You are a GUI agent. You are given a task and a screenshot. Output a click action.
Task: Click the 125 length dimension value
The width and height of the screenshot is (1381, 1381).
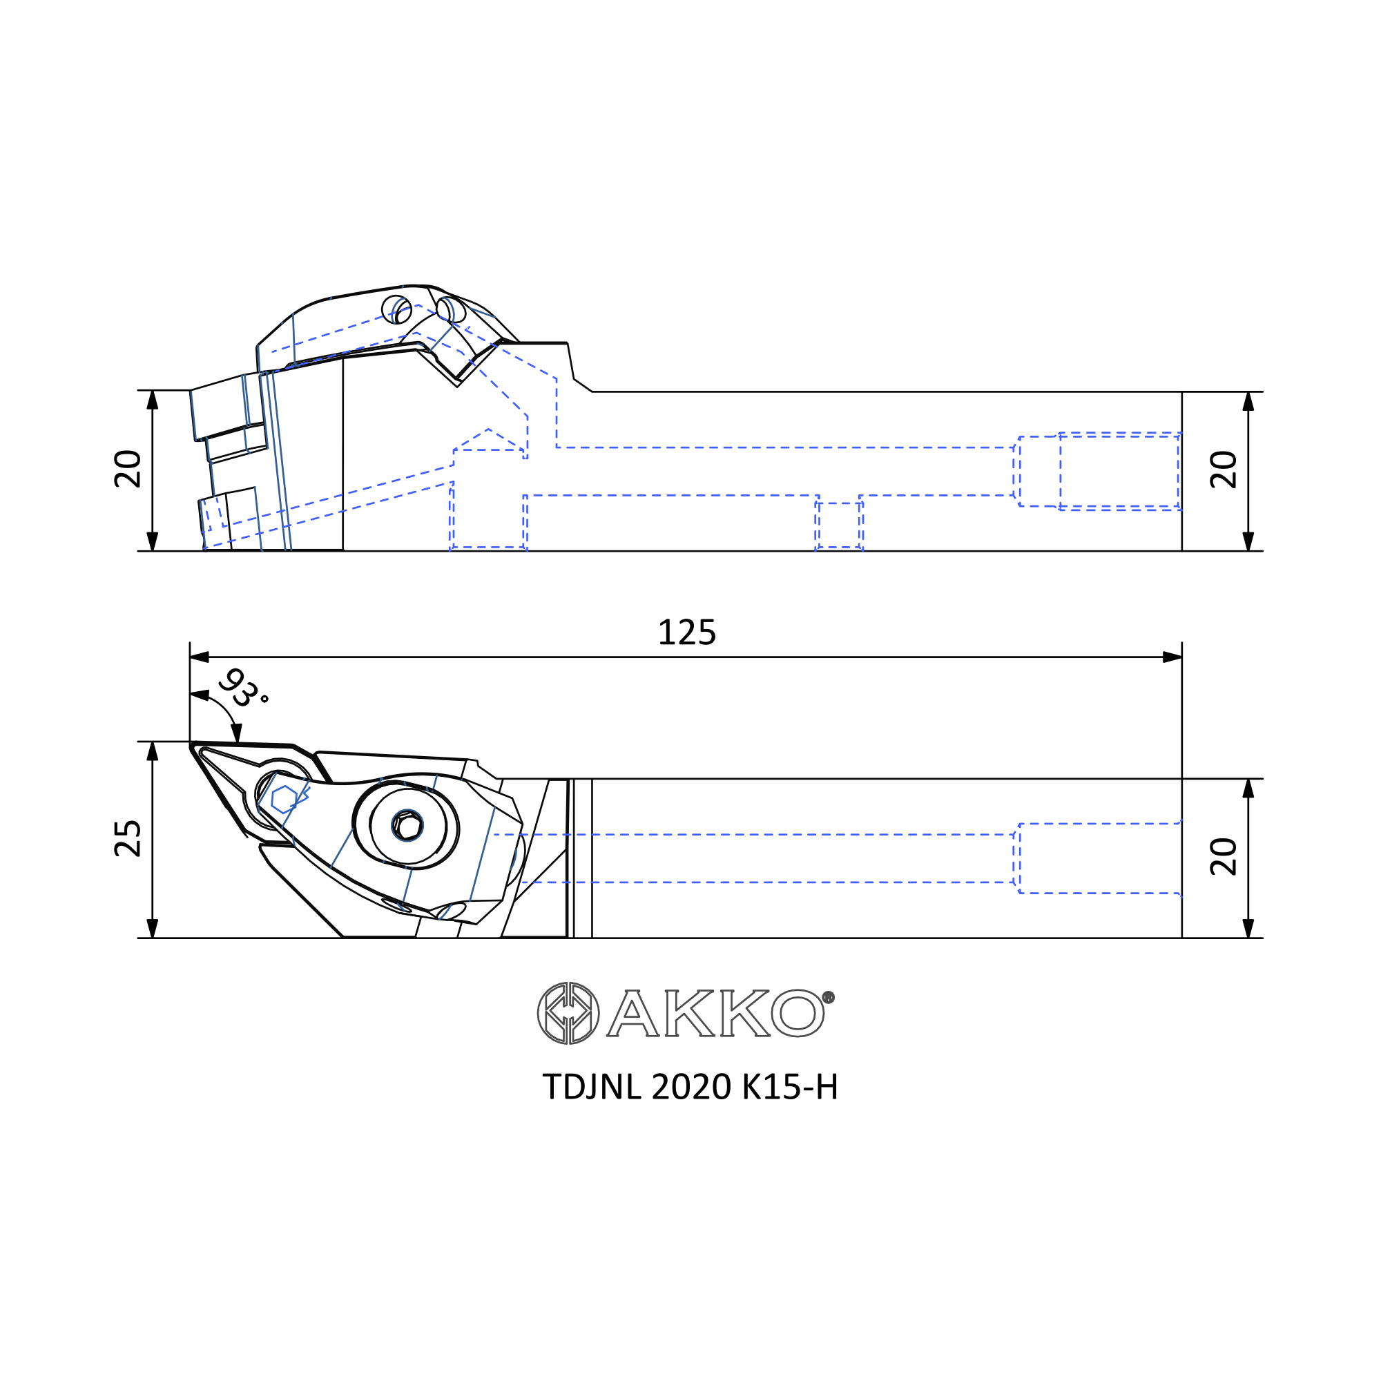point(686,632)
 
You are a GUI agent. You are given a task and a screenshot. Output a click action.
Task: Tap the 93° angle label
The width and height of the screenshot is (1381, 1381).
point(243,688)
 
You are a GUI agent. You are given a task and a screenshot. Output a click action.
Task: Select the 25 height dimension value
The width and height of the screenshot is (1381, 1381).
point(128,838)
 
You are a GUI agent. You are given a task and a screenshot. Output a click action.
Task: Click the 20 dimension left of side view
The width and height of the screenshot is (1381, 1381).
point(128,469)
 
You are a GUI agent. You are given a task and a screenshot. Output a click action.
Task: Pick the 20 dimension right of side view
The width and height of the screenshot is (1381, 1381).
point(1224,470)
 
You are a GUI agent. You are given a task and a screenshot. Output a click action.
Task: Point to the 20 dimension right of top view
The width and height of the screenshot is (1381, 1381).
point(1224,856)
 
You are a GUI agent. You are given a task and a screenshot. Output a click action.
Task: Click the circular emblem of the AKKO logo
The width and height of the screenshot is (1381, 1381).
point(568,1014)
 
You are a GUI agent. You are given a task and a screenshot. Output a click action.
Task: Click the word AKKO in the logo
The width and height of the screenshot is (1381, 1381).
point(715,1014)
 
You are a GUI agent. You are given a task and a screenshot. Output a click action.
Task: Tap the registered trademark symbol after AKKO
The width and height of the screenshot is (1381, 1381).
point(829,997)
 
